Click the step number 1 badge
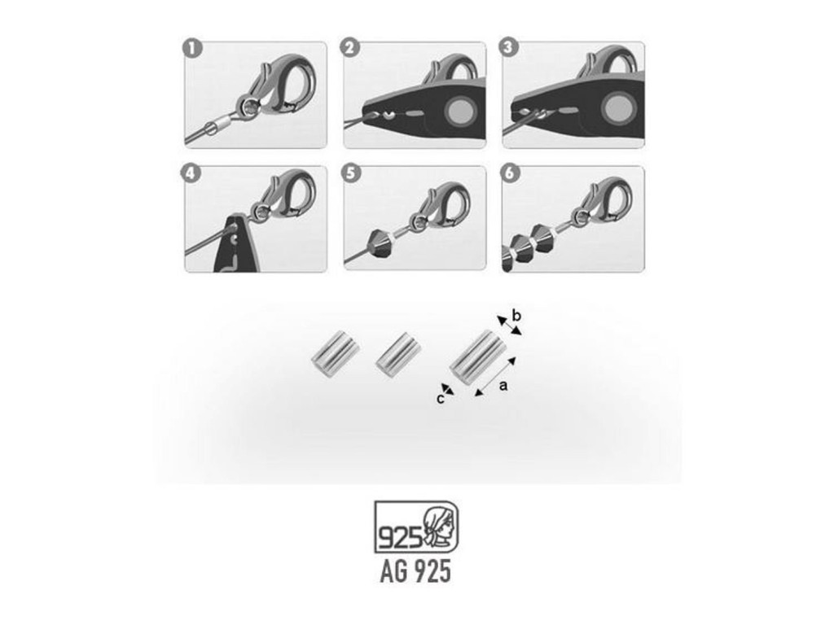(192, 49)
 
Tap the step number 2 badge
(349, 48)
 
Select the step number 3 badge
(508, 47)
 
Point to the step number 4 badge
(191, 173)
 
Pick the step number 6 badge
(510, 173)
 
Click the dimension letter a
(503, 385)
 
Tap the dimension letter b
(516, 316)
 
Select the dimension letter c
(440, 399)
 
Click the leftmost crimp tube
(336, 356)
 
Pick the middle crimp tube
(399, 356)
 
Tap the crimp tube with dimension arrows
(477, 355)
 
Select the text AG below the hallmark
(393, 571)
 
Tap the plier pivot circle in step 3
(618, 109)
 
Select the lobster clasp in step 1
(278, 86)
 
